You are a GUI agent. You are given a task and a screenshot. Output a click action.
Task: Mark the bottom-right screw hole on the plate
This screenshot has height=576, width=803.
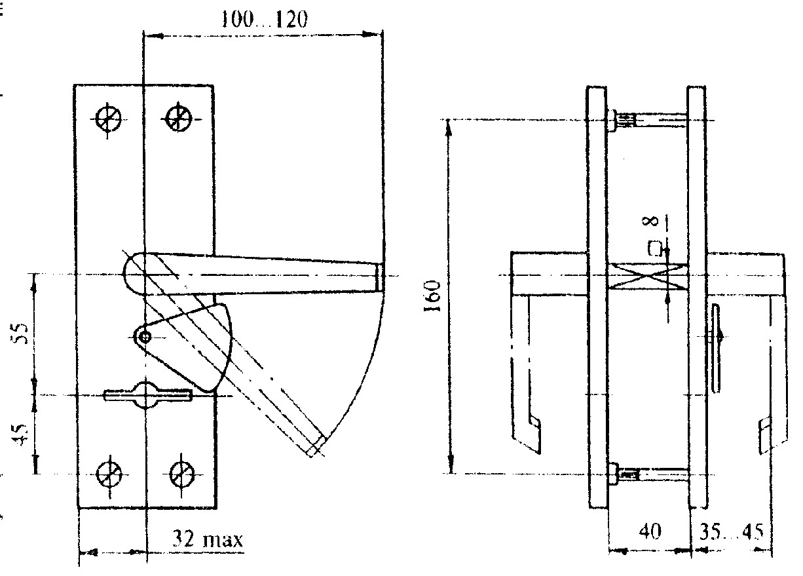click(x=181, y=471)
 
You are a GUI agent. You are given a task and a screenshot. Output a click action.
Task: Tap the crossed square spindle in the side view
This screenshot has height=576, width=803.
click(x=648, y=275)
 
